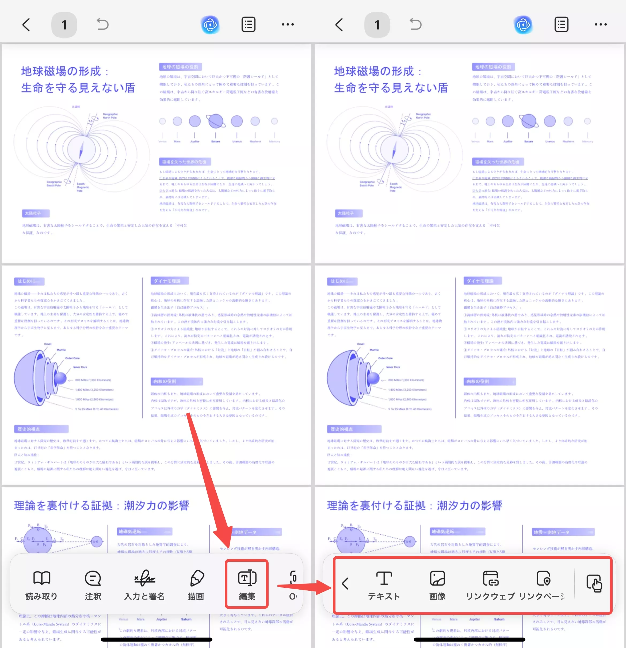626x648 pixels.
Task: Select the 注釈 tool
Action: (x=93, y=585)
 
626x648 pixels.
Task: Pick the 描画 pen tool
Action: (x=196, y=585)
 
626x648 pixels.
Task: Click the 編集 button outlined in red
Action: (x=247, y=584)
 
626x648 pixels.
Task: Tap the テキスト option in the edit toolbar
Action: (x=384, y=585)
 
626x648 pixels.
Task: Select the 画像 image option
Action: (x=437, y=585)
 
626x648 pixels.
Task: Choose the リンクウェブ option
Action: (x=490, y=585)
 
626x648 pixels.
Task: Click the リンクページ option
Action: (x=543, y=585)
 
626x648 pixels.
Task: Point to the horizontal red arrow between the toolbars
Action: (x=304, y=587)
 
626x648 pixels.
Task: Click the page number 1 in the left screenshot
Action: (x=64, y=25)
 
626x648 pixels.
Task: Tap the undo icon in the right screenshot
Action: (x=415, y=24)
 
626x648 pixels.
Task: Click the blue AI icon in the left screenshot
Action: (x=210, y=25)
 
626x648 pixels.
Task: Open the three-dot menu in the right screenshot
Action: (x=601, y=24)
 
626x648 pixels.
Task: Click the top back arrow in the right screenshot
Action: (x=339, y=25)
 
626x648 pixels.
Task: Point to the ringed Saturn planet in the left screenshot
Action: (x=216, y=121)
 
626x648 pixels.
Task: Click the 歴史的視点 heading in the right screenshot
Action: (x=354, y=429)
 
